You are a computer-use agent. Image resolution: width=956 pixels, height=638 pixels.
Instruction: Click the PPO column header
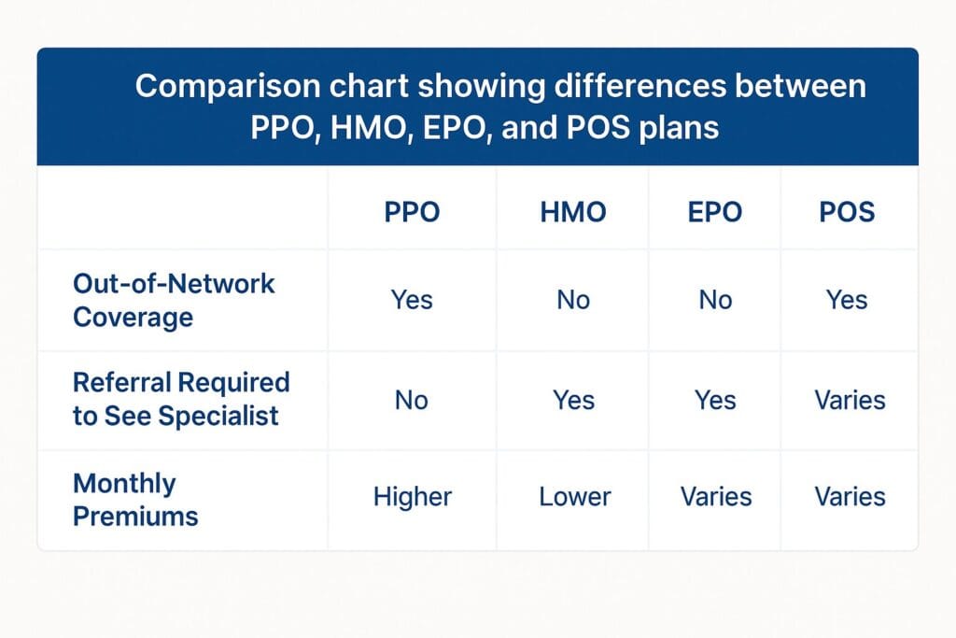(x=412, y=212)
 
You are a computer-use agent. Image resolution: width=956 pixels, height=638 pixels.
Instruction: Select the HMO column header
(x=573, y=212)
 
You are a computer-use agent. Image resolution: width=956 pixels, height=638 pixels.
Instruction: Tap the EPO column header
(x=714, y=212)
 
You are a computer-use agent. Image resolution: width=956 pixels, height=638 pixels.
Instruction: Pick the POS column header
(x=847, y=212)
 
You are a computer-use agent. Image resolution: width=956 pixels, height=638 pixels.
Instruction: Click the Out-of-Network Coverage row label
(x=174, y=300)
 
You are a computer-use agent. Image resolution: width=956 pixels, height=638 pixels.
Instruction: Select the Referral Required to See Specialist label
(x=181, y=399)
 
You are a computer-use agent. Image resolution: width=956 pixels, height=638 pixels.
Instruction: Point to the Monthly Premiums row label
(x=135, y=499)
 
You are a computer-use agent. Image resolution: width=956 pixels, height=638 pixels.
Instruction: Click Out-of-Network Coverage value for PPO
(x=412, y=300)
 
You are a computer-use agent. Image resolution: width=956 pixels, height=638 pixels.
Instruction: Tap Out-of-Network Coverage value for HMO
(x=573, y=300)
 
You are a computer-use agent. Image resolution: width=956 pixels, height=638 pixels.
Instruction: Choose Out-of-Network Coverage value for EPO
(x=714, y=300)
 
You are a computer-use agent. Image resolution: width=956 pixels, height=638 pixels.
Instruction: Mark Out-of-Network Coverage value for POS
(x=847, y=300)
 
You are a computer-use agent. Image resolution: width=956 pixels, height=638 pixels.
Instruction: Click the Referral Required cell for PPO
(x=412, y=401)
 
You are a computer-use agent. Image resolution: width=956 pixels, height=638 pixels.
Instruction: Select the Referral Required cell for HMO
(x=573, y=401)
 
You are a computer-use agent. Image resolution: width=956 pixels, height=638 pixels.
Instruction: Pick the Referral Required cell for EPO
(x=714, y=401)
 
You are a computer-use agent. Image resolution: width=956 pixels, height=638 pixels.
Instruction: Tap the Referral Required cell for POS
(x=850, y=401)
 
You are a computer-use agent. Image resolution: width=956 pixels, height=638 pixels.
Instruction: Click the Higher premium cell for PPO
(x=412, y=496)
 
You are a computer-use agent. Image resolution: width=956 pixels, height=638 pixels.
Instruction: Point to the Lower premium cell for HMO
(x=574, y=496)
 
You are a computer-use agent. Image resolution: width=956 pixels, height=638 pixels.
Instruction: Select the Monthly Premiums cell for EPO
(x=716, y=496)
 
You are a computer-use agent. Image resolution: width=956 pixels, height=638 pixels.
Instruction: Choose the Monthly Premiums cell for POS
(x=850, y=496)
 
